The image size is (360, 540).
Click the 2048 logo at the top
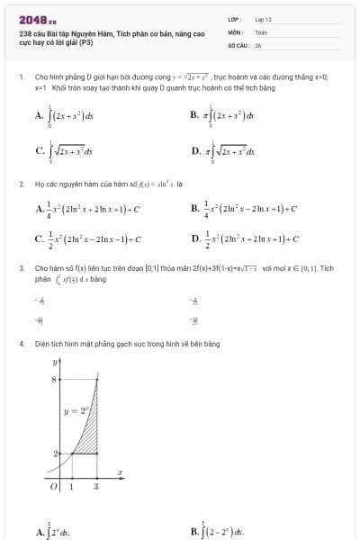[x=37, y=19]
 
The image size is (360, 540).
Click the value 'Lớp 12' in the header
[x=263, y=19]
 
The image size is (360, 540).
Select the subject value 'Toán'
[x=261, y=31]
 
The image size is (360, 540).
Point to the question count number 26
[x=258, y=44]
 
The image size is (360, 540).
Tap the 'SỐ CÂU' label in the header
[x=238, y=44]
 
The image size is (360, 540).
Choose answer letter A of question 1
[x=39, y=115]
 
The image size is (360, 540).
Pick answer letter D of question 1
[x=195, y=151]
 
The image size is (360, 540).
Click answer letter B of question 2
[x=195, y=210]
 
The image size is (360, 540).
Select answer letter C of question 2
[x=39, y=239]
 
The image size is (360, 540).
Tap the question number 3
[x=21, y=268]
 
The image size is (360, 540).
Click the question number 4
[x=21, y=344]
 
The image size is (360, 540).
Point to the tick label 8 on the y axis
[x=54, y=381]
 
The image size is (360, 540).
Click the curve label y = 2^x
[x=73, y=410]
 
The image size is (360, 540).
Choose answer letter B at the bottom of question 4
[x=195, y=531]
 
